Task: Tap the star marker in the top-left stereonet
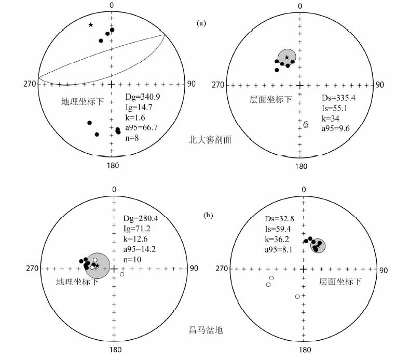click(x=90, y=24)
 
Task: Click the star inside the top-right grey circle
click(x=286, y=57)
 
